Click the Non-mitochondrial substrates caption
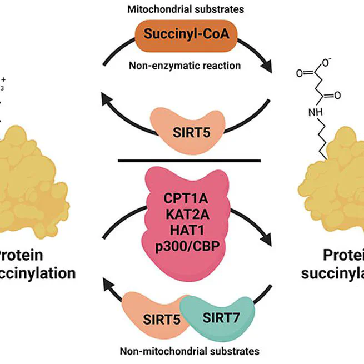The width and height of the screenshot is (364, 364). pyautogui.click(x=190, y=351)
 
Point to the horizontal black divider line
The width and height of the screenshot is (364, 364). pyautogui.click(x=188, y=161)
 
